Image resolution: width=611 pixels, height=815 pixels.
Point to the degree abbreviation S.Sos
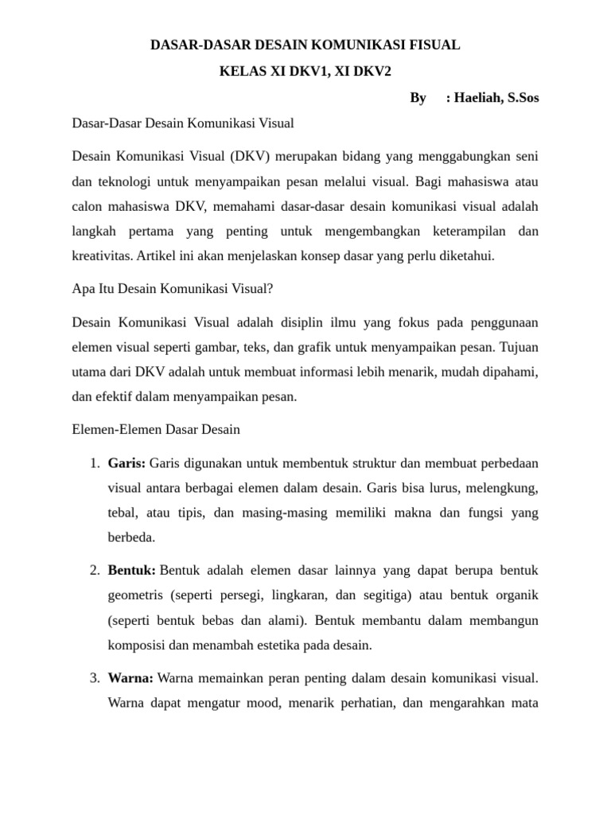523,98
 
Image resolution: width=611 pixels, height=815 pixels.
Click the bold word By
418,98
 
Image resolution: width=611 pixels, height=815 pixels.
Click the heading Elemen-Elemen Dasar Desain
156,429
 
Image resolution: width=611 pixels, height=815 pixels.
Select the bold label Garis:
126,463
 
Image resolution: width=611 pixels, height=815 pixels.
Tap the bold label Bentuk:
132,571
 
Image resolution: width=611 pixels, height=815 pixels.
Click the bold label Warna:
131,678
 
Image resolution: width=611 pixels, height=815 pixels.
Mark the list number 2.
93,571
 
